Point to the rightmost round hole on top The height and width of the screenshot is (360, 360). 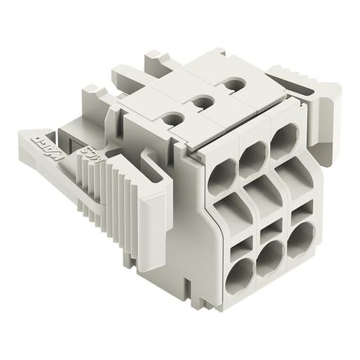[229, 87]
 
